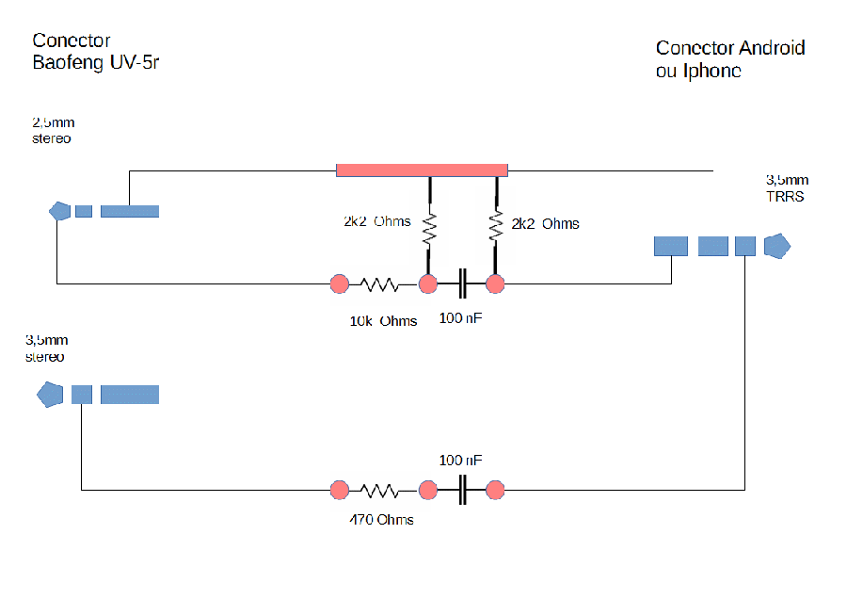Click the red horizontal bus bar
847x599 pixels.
pyautogui.click(x=422, y=170)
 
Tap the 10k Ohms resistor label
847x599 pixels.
pyautogui.click(x=384, y=321)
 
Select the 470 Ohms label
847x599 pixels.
pyautogui.click(x=381, y=520)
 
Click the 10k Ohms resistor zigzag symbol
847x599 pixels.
pyautogui.click(x=380, y=284)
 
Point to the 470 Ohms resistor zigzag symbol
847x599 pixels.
pyautogui.click(x=380, y=491)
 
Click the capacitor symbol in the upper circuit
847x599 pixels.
pyautogui.click(x=462, y=283)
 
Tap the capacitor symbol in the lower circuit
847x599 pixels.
pyautogui.click(x=462, y=490)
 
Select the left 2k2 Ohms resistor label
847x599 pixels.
pyautogui.click(x=377, y=221)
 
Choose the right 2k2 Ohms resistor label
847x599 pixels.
pyautogui.click(x=545, y=224)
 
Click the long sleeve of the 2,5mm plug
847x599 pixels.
pyautogui.click(x=130, y=211)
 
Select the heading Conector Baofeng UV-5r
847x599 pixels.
pyautogui.click(x=96, y=52)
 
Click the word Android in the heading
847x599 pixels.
pyautogui.click(x=772, y=48)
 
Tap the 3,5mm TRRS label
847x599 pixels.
pyautogui.click(x=787, y=188)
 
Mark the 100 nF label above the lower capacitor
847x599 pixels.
pyautogui.click(x=460, y=460)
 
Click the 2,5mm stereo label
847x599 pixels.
pyautogui.click(x=53, y=130)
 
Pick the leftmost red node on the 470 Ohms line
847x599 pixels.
pyautogui.click(x=339, y=490)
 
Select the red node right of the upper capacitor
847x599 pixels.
pyautogui.click(x=495, y=283)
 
